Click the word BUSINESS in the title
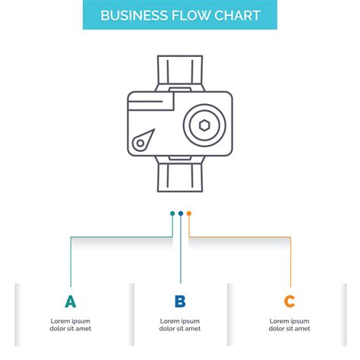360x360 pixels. click(133, 16)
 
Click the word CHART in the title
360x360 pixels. click(238, 16)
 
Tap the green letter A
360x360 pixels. click(70, 302)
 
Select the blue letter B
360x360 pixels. click(180, 302)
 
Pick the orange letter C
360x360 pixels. click(289, 302)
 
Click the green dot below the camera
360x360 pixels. click(172, 213)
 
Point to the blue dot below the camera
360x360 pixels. click(181, 213)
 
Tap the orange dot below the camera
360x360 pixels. click(189, 213)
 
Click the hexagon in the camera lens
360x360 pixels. click(204, 126)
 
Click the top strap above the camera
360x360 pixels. click(180, 71)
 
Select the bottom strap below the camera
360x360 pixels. click(180, 176)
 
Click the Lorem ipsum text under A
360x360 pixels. click(70, 325)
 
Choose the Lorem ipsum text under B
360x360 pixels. click(180, 325)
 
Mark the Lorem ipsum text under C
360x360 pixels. click(289, 325)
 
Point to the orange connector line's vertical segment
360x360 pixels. click(290, 262)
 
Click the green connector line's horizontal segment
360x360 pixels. click(122, 237)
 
